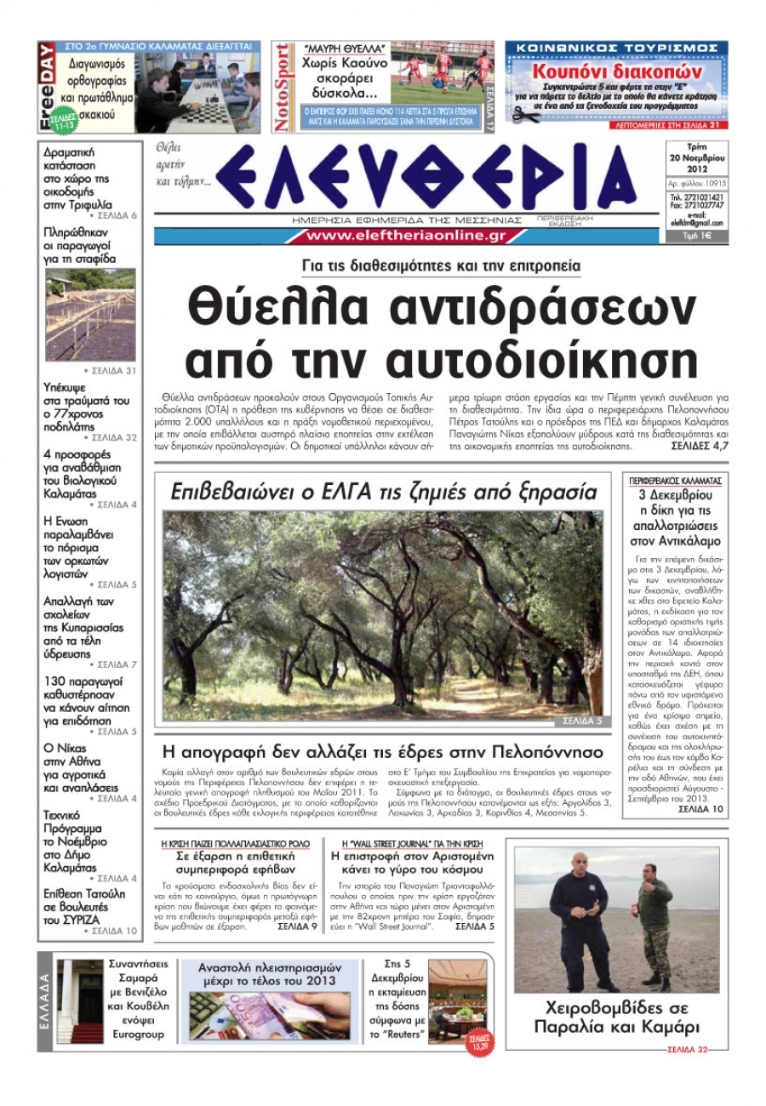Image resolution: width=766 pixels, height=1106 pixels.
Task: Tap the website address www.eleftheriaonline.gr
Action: click(406, 236)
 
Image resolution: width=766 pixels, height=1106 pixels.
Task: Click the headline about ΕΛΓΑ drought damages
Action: click(384, 492)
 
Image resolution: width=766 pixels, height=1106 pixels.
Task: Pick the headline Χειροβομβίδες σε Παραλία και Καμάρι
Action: click(617, 1017)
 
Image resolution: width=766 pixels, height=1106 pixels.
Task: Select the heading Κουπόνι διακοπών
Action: click(616, 71)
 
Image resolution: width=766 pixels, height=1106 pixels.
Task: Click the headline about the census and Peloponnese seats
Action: click(382, 752)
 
